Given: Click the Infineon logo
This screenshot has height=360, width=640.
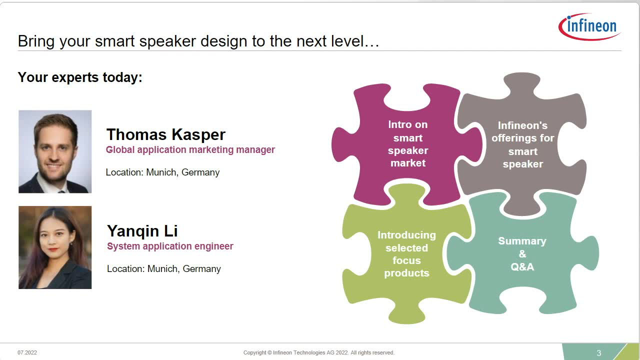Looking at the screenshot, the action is (589, 26).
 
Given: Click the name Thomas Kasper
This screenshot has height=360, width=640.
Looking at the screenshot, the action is (165, 134).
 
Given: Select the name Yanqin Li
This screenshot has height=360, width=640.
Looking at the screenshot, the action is (142, 231).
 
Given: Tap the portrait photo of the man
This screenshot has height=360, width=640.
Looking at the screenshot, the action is (55, 151).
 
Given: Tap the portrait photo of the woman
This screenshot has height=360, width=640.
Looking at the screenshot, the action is (55, 247).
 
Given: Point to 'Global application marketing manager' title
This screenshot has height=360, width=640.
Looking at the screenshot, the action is (190, 149).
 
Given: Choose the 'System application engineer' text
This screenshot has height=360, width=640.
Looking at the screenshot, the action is (170, 246).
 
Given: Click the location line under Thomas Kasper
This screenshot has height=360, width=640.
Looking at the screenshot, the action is (162, 172).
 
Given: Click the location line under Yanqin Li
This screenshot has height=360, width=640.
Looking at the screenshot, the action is (163, 269).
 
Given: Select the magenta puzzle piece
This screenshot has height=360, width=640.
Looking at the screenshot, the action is (407, 144).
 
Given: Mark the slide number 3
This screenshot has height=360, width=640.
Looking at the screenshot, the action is (599, 353).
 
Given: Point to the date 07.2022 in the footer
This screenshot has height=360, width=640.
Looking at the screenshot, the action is (27, 352).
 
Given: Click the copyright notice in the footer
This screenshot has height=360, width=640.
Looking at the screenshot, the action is (319, 352).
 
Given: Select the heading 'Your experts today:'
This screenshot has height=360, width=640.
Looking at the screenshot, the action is (80, 77).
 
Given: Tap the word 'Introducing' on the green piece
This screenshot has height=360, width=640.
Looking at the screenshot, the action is (406, 235).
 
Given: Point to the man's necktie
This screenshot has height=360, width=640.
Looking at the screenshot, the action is (61, 191).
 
